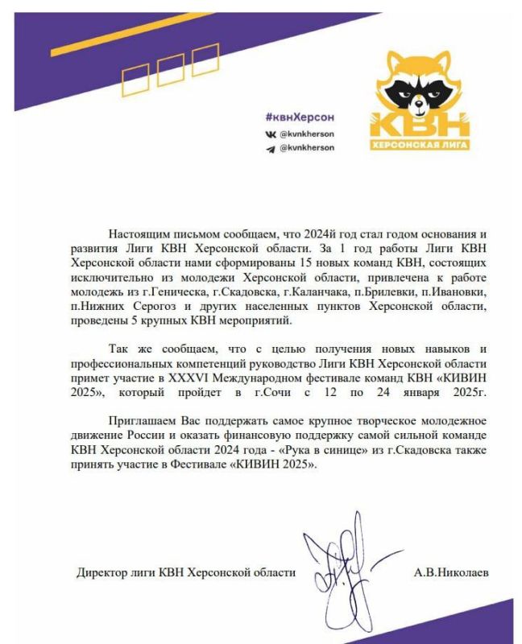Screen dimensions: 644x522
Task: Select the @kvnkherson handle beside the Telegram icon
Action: coord(307,148)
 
